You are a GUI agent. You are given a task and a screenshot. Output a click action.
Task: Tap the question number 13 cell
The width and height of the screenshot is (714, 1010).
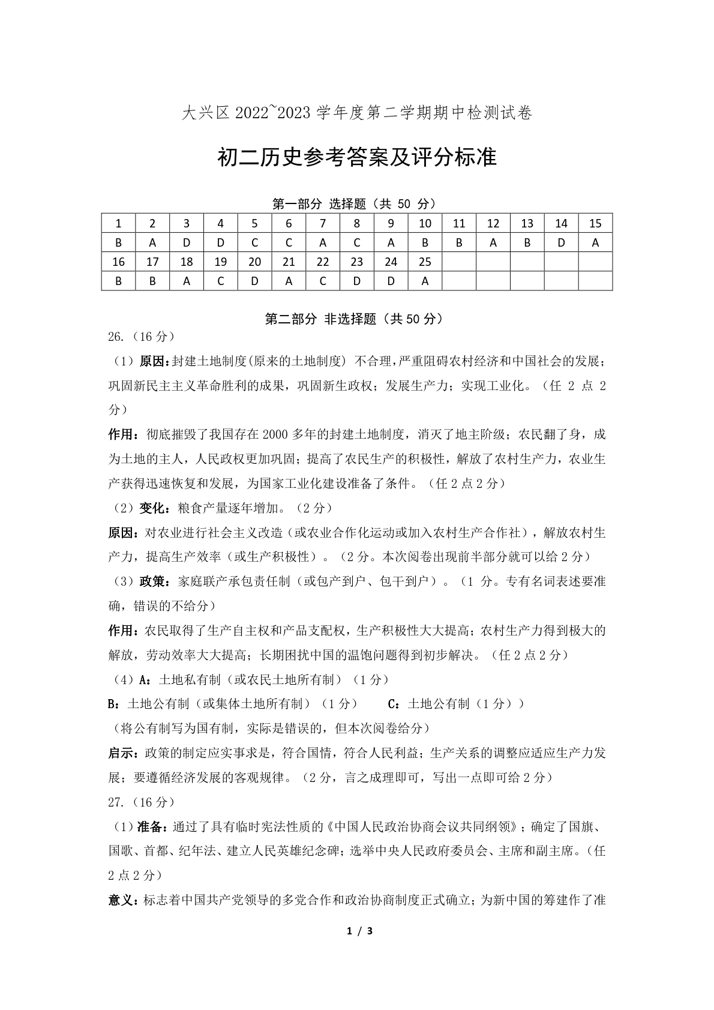[x=527, y=224]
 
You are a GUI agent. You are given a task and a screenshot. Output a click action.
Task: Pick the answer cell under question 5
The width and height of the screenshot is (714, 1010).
[x=254, y=243]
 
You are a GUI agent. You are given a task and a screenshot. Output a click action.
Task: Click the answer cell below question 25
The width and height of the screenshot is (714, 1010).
[x=425, y=281]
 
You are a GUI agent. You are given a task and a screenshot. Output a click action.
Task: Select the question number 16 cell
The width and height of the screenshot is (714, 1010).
[x=118, y=262]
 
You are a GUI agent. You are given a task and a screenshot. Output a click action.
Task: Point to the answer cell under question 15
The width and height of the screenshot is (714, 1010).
[x=595, y=243]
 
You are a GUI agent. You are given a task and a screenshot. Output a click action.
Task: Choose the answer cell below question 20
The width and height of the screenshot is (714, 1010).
[x=254, y=281]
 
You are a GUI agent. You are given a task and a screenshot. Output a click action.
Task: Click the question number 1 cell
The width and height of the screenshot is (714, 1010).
[x=118, y=224]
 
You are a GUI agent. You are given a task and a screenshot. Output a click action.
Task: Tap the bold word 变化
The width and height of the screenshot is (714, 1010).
[x=154, y=508]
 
